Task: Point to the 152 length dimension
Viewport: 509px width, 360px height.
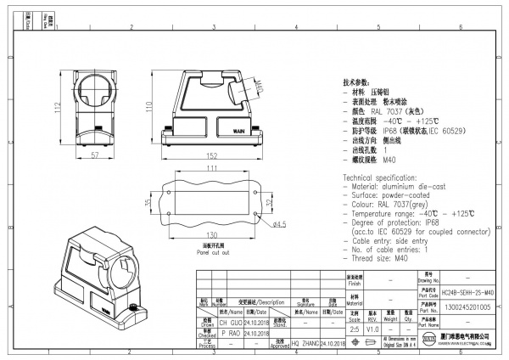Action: coord(215,157)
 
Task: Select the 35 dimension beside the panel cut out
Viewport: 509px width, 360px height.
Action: coord(150,204)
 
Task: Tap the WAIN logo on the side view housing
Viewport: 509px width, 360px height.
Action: coord(240,132)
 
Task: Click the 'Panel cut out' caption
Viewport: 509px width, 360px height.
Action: coord(189,252)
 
